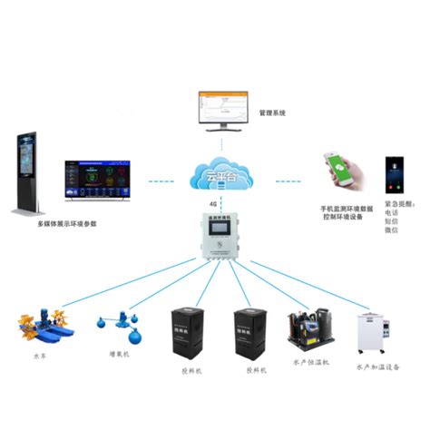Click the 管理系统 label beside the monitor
(272, 113)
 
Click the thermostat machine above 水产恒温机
(309, 332)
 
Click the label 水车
(39, 357)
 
